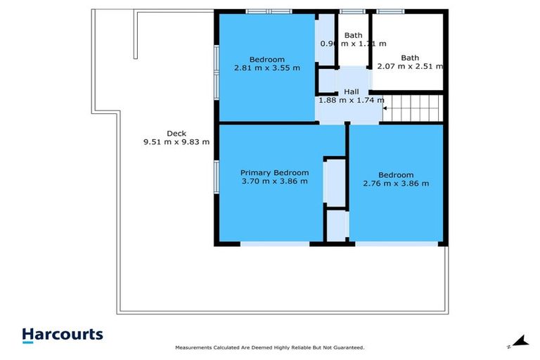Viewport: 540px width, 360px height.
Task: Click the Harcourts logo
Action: [63, 335]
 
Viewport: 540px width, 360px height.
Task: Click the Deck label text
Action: [176, 133]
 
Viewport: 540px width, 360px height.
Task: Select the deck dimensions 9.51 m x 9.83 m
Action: [176, 142]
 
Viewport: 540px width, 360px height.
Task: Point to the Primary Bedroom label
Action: [274, 172]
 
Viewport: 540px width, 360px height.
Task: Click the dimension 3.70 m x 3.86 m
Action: [274, 181]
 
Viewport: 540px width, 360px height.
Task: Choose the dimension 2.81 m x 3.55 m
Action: [266, 68]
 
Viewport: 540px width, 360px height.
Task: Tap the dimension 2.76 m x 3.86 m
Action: [396, 184]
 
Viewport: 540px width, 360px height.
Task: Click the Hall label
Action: [351, 91]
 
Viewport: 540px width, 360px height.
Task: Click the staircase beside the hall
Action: [414, 109]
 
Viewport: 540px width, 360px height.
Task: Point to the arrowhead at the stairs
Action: [385, 109]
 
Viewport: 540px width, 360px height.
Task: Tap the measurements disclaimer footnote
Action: [270, 347]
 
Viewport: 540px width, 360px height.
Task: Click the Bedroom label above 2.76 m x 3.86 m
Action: [396, 174]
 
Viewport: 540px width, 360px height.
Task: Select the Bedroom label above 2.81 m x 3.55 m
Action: [266, 59]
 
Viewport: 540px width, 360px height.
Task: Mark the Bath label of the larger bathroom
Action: [410, 58]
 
